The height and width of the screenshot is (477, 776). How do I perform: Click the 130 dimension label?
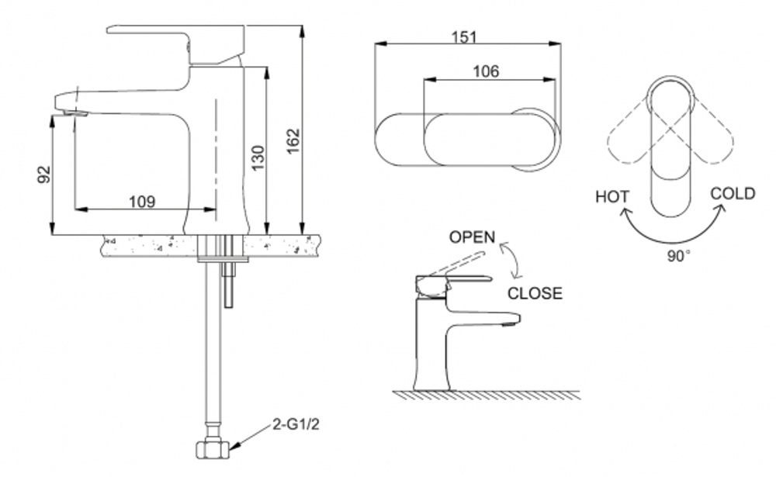(x=258, y=157)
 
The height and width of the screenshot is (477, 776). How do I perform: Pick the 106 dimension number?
(x=485, y=71)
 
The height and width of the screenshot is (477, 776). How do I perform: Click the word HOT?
(x=612, y=197)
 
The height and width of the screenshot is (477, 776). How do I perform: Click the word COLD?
(x=732, y=193)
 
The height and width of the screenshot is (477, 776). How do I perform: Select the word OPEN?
(x=472, y=237)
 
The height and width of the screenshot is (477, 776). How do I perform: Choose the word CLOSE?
(x=535, y=293)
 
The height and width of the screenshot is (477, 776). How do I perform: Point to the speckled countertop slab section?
(x=147, y=246)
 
